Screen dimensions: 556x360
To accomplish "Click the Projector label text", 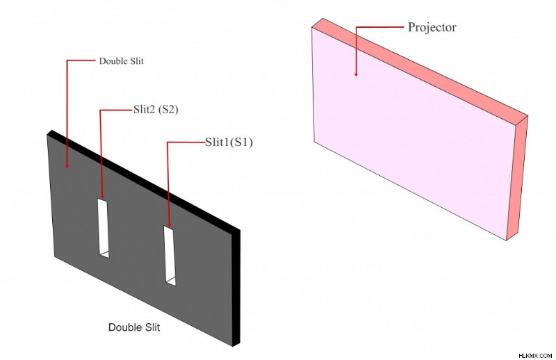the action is tap(432, 27).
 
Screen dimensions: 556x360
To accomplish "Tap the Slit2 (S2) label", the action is tap(156, 110).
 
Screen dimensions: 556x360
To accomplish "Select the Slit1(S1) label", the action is tap(229, 142).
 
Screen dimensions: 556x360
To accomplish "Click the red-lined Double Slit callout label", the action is tap(121, 61).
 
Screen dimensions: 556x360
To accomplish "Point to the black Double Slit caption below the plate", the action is tap(134, 327).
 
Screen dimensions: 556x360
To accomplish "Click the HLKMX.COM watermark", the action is tap(535, 355).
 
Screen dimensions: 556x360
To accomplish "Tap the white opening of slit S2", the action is tap(103, 228).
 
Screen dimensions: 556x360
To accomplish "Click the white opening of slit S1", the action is tap(170, 255).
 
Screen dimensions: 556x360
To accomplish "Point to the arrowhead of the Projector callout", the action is tap(356, 74).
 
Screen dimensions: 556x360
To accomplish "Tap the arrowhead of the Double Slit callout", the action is tap(67, 165).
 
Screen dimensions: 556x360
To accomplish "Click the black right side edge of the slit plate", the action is tap(236, 287).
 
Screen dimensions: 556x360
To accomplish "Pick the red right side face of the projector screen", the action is tap(517, 177).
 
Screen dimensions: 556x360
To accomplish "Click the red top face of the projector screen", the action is tap(420, 67).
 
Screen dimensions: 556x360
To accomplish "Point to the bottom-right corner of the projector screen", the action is tap(507, 241).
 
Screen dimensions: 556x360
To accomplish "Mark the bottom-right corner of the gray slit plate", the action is tap(233, 346).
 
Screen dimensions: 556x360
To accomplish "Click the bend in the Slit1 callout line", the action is tap(167, 142).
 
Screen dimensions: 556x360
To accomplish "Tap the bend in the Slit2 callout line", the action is tap(100, 111).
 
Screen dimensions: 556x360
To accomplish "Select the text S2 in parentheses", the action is tap(168, 110).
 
